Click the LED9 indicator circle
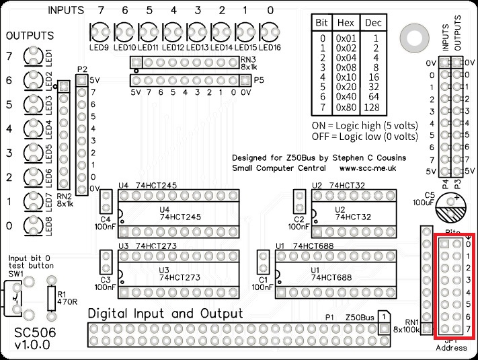[100, 31]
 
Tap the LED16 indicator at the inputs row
[268, 31]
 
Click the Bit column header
[323, 22]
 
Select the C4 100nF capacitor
[106, 203]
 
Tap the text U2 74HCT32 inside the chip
[350, 213]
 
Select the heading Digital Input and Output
[166, 314]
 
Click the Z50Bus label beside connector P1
[358, 317]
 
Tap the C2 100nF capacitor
[299, 203]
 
